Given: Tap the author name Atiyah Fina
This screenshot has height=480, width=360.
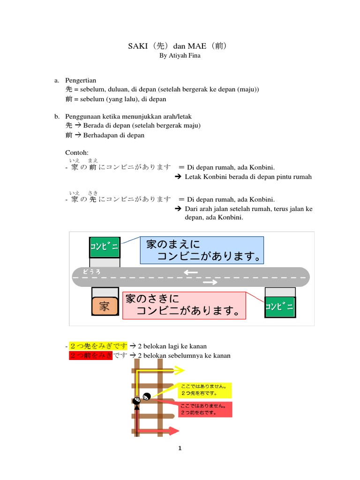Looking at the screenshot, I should point(180,55).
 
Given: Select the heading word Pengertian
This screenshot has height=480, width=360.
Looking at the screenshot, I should point(81,81).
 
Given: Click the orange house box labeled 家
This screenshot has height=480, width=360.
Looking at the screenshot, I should point(105,307).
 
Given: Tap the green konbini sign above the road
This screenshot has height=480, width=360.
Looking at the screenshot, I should point(105,247).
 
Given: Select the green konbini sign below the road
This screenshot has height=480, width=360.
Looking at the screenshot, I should point(280,307).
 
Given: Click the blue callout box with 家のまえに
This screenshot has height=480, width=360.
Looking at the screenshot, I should point(202,250).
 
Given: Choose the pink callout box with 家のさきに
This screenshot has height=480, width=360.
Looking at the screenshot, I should point(184,305).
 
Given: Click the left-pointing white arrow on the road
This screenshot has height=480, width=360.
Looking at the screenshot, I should point(191,272).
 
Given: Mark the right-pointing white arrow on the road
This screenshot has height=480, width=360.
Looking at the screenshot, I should point(210,282).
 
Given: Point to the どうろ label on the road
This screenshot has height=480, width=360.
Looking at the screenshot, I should point(92,271).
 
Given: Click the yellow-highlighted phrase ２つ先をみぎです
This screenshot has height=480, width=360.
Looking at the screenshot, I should point(98,346).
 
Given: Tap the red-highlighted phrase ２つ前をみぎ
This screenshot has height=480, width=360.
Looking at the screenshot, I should point(91,356).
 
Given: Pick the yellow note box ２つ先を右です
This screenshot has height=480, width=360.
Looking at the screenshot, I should point(204,390).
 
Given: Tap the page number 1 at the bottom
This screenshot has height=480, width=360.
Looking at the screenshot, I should point(180,449).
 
